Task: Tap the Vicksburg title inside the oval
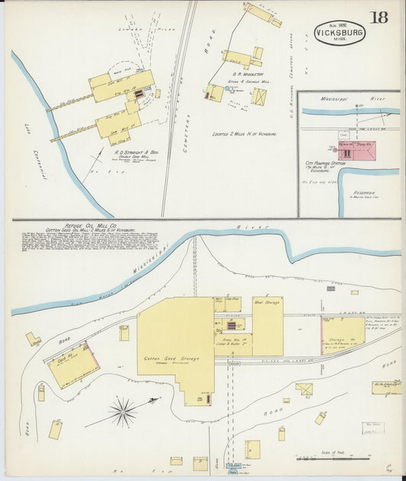[x=339, y=33]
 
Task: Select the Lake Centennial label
[x=37, y=155]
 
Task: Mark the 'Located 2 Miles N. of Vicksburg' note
[x=243, y=133]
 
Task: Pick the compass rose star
[x=123, y=411]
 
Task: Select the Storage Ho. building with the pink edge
[x=342, y=335]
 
